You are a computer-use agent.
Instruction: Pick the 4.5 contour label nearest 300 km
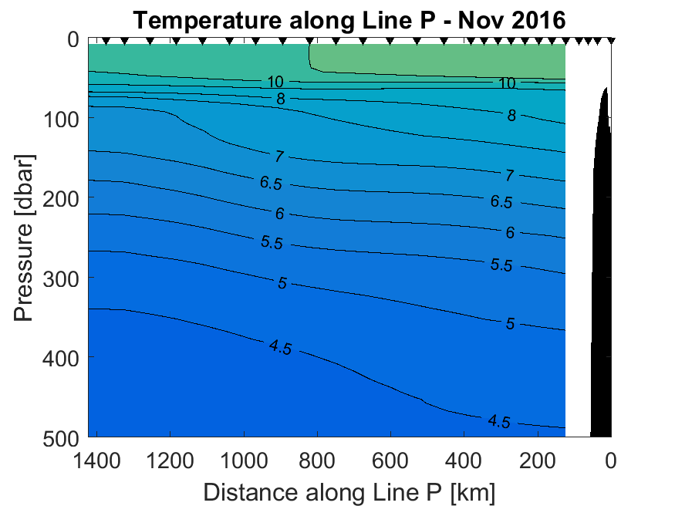pos(499,421)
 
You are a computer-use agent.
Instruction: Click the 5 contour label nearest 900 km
pos(282,283)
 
